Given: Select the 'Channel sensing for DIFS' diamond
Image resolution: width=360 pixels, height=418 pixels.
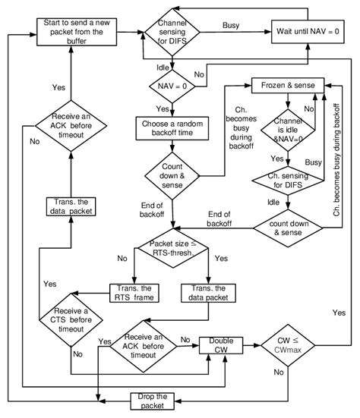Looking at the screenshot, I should point(175,31).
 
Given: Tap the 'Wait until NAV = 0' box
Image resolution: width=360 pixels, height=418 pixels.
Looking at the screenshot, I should point(308,31).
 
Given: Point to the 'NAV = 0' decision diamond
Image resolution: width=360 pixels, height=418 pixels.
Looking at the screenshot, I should point(174,87).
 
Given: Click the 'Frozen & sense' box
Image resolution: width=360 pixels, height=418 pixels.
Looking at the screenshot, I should point(287,83).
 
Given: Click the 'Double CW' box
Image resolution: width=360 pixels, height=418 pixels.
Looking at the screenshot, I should point(219,345).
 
